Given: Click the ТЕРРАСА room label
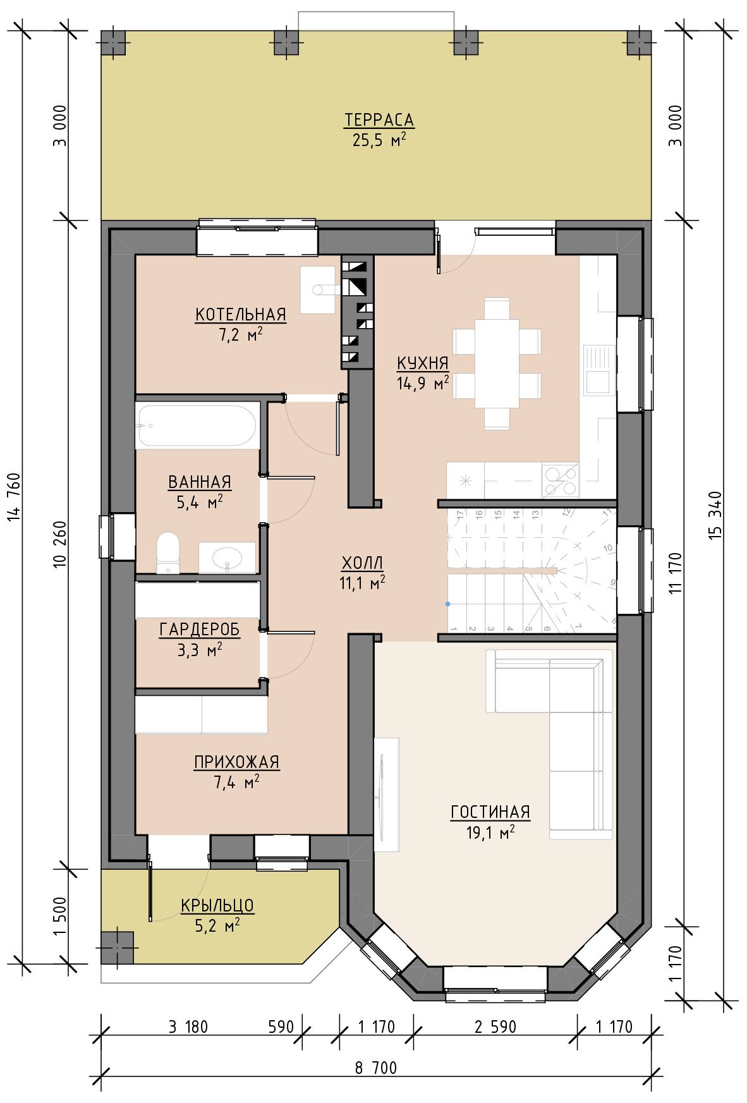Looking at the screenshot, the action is pyautogui.click(x=379, y=119).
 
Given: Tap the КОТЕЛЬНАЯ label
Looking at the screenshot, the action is pyautogui.click(x=241, y=314).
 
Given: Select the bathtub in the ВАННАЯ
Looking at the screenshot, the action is pyautogui.click(x=197, y=427).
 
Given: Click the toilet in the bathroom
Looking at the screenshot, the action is pyautogui.click(x=167, y=552).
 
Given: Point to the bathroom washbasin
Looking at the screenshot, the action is pyautogui.click(x=227, y=558).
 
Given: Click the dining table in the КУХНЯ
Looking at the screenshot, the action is pyautogui.click(x=497, y=364).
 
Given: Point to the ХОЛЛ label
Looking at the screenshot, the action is pyautogui.click(x=362, y=563).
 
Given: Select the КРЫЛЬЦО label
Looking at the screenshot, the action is pyautogui.click(x=217, y=905).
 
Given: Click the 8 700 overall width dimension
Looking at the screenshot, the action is pyautogui.click(x=376, y=1068).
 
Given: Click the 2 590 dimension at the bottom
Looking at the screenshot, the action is pyautogui.click(x=495, y=1027).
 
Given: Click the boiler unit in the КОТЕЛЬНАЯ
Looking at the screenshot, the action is pyautogui.click(x=317, y=289).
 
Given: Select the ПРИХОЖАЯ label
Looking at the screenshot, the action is pyautogui.click(x=236, y=762).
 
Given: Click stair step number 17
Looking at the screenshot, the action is pyautogui.click(x=459, y=513).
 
